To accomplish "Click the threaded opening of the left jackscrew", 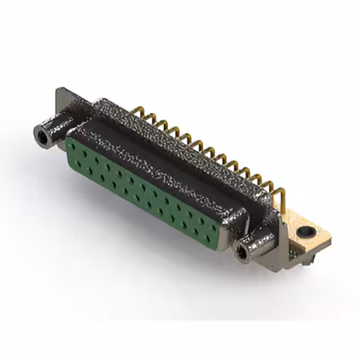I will coord(40,135).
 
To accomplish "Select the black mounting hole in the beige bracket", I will coord(306,231).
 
